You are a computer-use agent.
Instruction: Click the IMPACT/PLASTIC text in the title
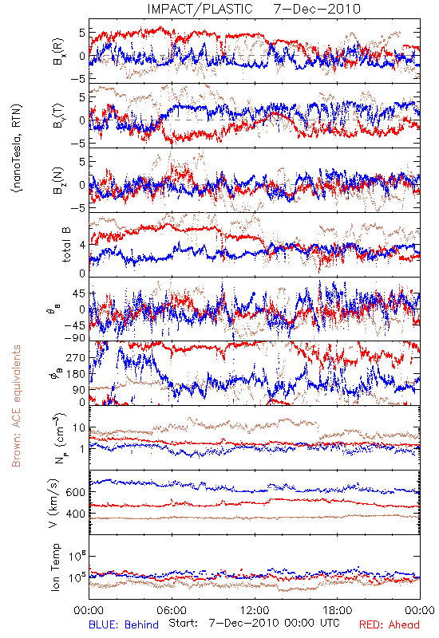coord(200,9)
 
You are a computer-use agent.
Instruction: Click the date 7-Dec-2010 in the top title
coord(317,9)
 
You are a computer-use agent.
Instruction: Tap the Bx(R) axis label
coord(58,51)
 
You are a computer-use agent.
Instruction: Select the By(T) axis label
coord(58,115)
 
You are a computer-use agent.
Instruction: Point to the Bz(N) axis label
coord(58,180)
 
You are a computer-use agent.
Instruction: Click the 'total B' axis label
coord(66,245)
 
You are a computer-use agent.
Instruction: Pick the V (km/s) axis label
coord(54,503)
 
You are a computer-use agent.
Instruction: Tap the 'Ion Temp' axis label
coord(55,567)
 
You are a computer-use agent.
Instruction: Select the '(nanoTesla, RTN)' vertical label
coord(17,148)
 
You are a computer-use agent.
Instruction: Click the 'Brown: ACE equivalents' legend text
coord(16,406)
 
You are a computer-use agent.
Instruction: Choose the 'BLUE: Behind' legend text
coord(124,624)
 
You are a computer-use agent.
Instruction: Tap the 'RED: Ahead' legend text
coord(389,624)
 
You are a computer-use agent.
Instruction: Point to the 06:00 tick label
coord(172,610)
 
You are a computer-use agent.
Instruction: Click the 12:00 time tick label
coord(255,610)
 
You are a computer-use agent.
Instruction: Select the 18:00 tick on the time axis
coord(338,610)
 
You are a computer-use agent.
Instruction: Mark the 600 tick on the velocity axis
coord(75,492)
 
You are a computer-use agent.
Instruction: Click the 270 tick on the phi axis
coord(75,357)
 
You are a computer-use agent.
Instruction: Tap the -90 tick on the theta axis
coord(74,337)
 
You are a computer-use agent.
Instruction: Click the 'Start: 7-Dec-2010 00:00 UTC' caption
coord(254,624)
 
